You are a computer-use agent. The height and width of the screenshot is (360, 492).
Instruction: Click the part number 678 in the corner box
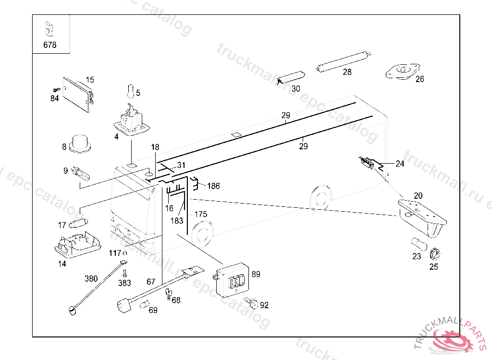click(x=49, y=45)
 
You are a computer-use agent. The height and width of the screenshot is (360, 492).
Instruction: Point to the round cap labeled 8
click(x=81, y=143)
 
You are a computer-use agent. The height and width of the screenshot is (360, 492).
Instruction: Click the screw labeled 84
click(x=56, y=90)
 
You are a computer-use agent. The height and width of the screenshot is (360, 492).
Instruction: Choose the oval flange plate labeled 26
click(x=401, y=71)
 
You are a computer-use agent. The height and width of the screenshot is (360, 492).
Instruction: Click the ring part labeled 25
click(x=435, y=253)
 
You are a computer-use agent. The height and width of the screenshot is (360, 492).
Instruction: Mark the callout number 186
click(x=213, y=186)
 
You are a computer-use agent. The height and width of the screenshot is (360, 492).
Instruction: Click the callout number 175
click(x=201, y=214)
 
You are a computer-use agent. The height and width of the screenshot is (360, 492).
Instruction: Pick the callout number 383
click(x=124, y=283)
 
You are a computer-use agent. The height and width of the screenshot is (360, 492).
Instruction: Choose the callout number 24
click(x=400, y=164)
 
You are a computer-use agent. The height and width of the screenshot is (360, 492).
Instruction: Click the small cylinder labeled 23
click(x=416, y=243)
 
